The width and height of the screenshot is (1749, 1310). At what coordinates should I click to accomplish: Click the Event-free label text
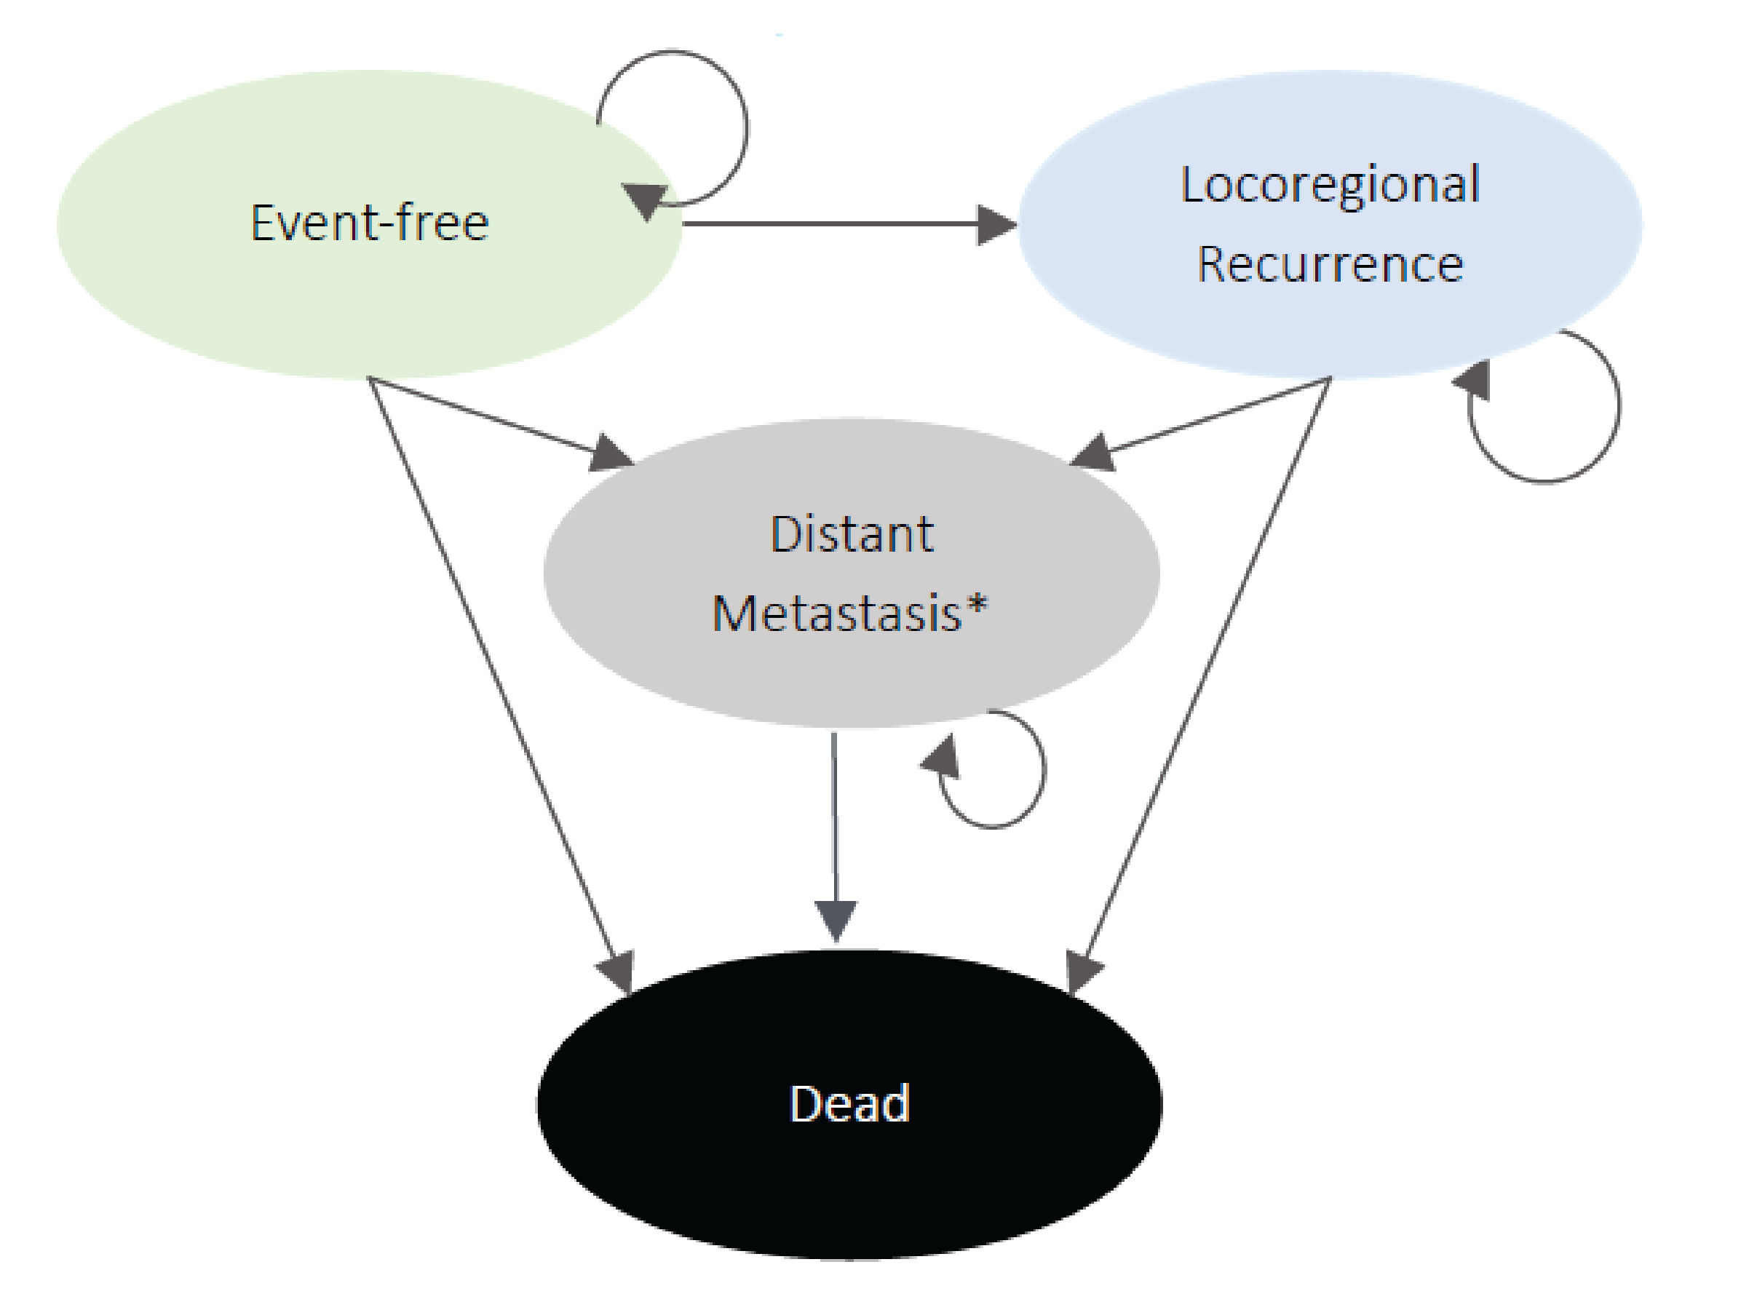[369, 222]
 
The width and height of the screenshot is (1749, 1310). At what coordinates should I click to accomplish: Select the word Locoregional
[1329, 185]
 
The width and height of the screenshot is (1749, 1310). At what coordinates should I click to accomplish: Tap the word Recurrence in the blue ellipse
[1329, 264]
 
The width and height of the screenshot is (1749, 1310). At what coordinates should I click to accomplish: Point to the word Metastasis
[836, 613]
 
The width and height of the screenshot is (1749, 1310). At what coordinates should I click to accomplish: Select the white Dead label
[850, 1103]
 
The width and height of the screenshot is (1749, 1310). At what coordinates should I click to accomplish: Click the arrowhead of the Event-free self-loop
[644, 199]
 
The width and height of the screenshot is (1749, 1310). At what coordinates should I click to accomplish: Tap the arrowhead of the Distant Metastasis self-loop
[942, 758]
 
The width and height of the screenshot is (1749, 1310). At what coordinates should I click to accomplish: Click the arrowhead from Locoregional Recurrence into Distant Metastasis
[1093, 455]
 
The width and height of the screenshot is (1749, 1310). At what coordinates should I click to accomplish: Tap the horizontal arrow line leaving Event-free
[830, 223]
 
